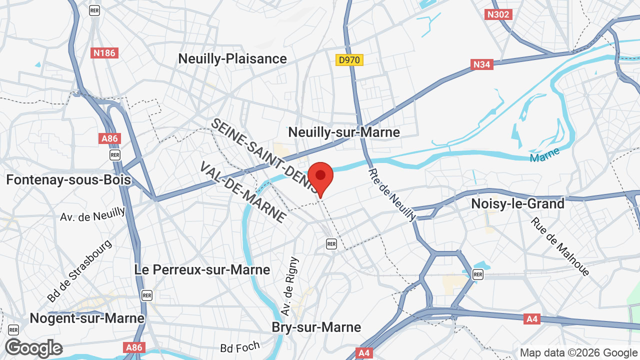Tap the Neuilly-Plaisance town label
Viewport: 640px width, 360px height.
[232, 59]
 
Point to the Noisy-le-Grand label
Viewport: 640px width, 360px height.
[518, 203]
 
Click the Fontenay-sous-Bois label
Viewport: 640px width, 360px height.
[68, 179]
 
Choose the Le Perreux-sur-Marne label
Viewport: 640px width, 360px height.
[202, 269]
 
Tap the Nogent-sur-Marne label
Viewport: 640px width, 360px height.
[87, 318]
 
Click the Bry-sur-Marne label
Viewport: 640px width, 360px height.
[316, 327]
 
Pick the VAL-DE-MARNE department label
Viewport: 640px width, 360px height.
[243, 192]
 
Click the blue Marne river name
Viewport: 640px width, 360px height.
[544, 157]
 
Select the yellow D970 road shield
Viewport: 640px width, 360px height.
[349, 60]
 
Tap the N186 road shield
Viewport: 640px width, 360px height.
[104, 52]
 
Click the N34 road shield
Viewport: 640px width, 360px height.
[482, 64]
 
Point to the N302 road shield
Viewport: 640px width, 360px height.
[498, 14]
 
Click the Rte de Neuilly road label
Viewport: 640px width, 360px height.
[392, 195]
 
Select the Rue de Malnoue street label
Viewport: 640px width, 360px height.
[560, 246]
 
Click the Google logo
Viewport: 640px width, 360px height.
[33, 348]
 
